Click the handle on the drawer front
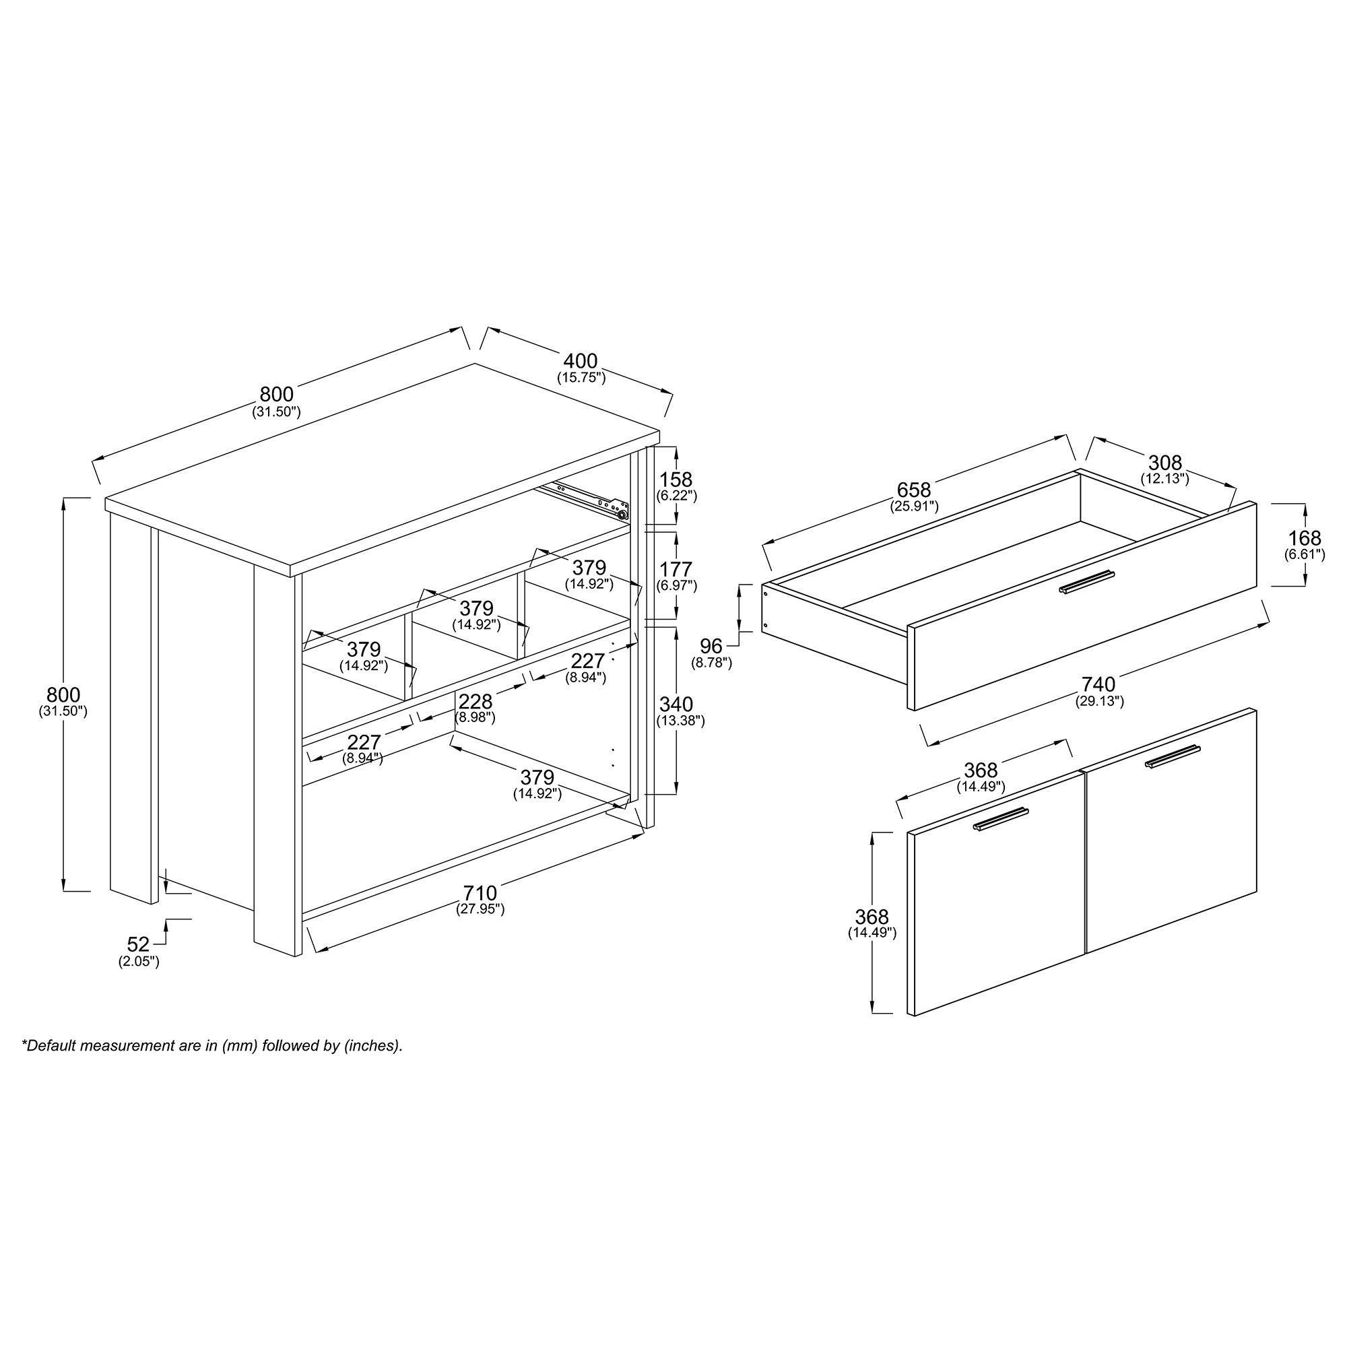(1087, 582)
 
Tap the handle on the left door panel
(1001, 819)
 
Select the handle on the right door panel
(1173, 756)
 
